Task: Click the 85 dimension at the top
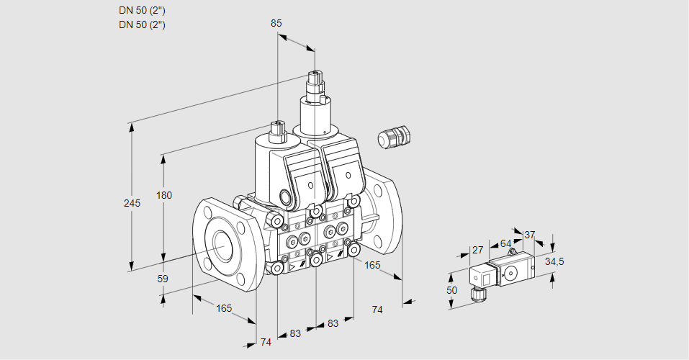click(276, 23)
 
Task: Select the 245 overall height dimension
click(132, 203)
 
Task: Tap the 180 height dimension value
click(165, 196)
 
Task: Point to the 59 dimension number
click(163, 279)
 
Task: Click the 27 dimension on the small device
click(477, 250)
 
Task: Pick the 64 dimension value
click(505, 243)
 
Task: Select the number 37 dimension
click(529, 235)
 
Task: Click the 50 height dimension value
click(451, 290)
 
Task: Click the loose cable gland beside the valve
click(393, 137)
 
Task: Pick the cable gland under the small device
click(475, 293)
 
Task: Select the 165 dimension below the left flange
click(224, 308)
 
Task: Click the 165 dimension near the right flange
click(372, 266)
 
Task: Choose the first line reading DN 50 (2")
click(142, 10)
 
